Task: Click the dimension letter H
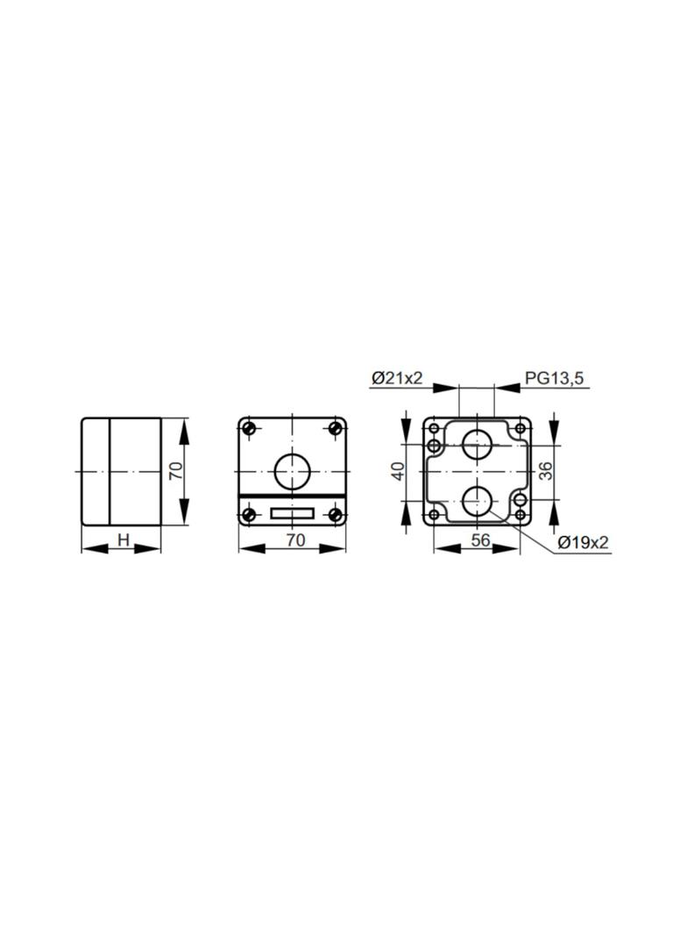click(x=124, y=539)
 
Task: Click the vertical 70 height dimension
click(x=176, y=471)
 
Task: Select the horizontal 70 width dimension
click(x=295, y=539)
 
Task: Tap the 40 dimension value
click(x=399, y=470)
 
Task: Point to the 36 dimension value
click(x=546, y=470)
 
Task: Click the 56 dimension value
click(x=480, y=539)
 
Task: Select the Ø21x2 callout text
click(x=396, y=377)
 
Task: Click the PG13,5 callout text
click(x=554, y=377)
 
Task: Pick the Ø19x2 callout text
click(x=583, y=542)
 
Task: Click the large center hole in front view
click(x=292, y=471)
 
